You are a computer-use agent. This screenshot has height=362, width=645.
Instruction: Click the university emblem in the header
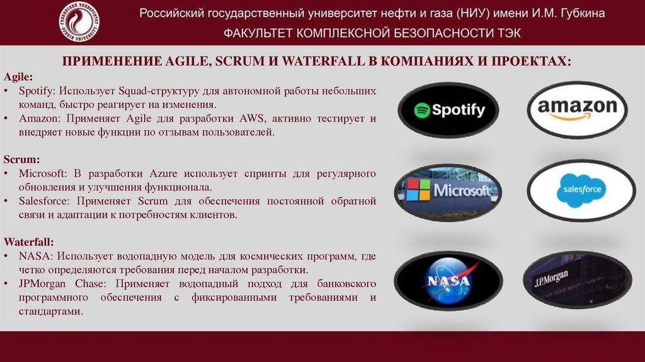(x=78, y=23)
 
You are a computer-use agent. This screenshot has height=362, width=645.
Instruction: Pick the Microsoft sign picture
(x=448, y=192)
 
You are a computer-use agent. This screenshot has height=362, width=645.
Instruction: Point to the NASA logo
(x=448, y=280)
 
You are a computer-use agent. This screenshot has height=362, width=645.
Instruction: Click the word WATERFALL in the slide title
(x=320, y=61)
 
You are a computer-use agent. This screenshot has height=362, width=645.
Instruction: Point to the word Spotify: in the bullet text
(x=37, y=91)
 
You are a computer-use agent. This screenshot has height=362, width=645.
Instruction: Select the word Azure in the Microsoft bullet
(x=164, y=173)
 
